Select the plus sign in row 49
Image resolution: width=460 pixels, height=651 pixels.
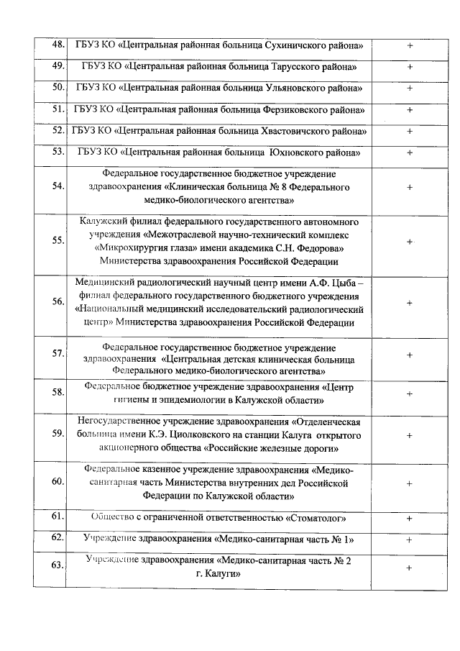point(410,67)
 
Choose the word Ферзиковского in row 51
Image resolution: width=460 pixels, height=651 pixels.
point(293,110)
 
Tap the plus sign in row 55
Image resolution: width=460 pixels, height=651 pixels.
point(410,241)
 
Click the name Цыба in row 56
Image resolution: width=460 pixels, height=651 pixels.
point(346,283)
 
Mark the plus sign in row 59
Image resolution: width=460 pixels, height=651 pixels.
point(410,435)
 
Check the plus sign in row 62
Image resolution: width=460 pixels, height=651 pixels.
point(410,539)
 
